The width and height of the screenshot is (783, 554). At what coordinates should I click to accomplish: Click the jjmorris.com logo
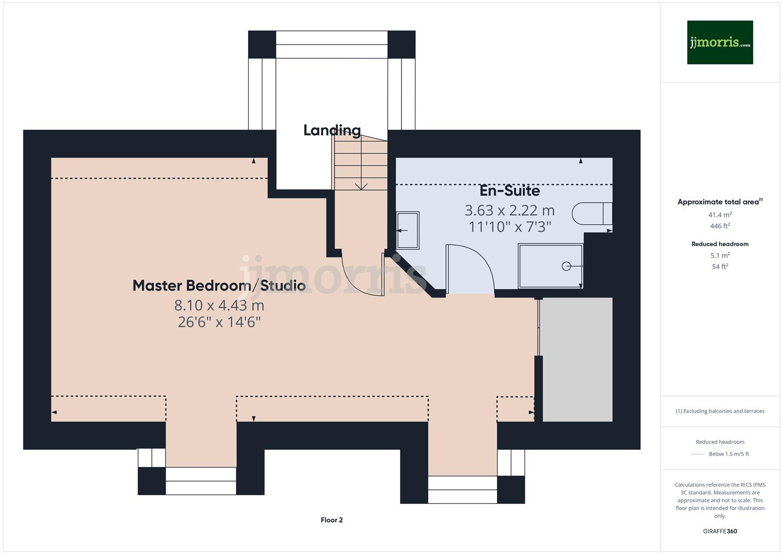click(719, 42)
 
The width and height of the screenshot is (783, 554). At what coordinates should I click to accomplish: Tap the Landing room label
click(332, 130)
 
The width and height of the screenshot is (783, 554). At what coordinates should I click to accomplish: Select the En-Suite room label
click(509, 191)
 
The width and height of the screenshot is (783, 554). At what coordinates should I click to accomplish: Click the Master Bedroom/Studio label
click(219, 286)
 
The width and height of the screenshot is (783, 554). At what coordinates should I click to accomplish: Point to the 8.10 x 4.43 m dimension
click(219, 305)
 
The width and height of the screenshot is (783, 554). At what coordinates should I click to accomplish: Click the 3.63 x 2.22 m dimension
click(509, 210)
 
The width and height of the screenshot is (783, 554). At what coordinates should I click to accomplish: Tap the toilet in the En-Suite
click(592, 213)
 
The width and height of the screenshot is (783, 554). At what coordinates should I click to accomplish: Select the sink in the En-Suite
click(408, 230)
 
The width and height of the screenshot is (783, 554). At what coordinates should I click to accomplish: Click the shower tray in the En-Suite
click(550, 266)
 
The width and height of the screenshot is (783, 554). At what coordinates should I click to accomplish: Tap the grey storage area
click(577, 359)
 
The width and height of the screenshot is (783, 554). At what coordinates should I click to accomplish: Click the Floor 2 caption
click(331, 520)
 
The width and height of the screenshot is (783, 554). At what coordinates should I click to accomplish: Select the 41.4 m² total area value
click(719, 215)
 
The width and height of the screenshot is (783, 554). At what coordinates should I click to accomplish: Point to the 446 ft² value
click(719, 226)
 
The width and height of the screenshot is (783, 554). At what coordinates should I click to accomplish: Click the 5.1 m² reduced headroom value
click(719, 255)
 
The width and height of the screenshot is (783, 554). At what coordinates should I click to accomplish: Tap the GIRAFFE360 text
click(719, 531)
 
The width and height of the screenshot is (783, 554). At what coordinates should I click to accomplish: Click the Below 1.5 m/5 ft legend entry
click(728, 454)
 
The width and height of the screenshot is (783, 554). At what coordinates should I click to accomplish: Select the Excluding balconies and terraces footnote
click(719, 411)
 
